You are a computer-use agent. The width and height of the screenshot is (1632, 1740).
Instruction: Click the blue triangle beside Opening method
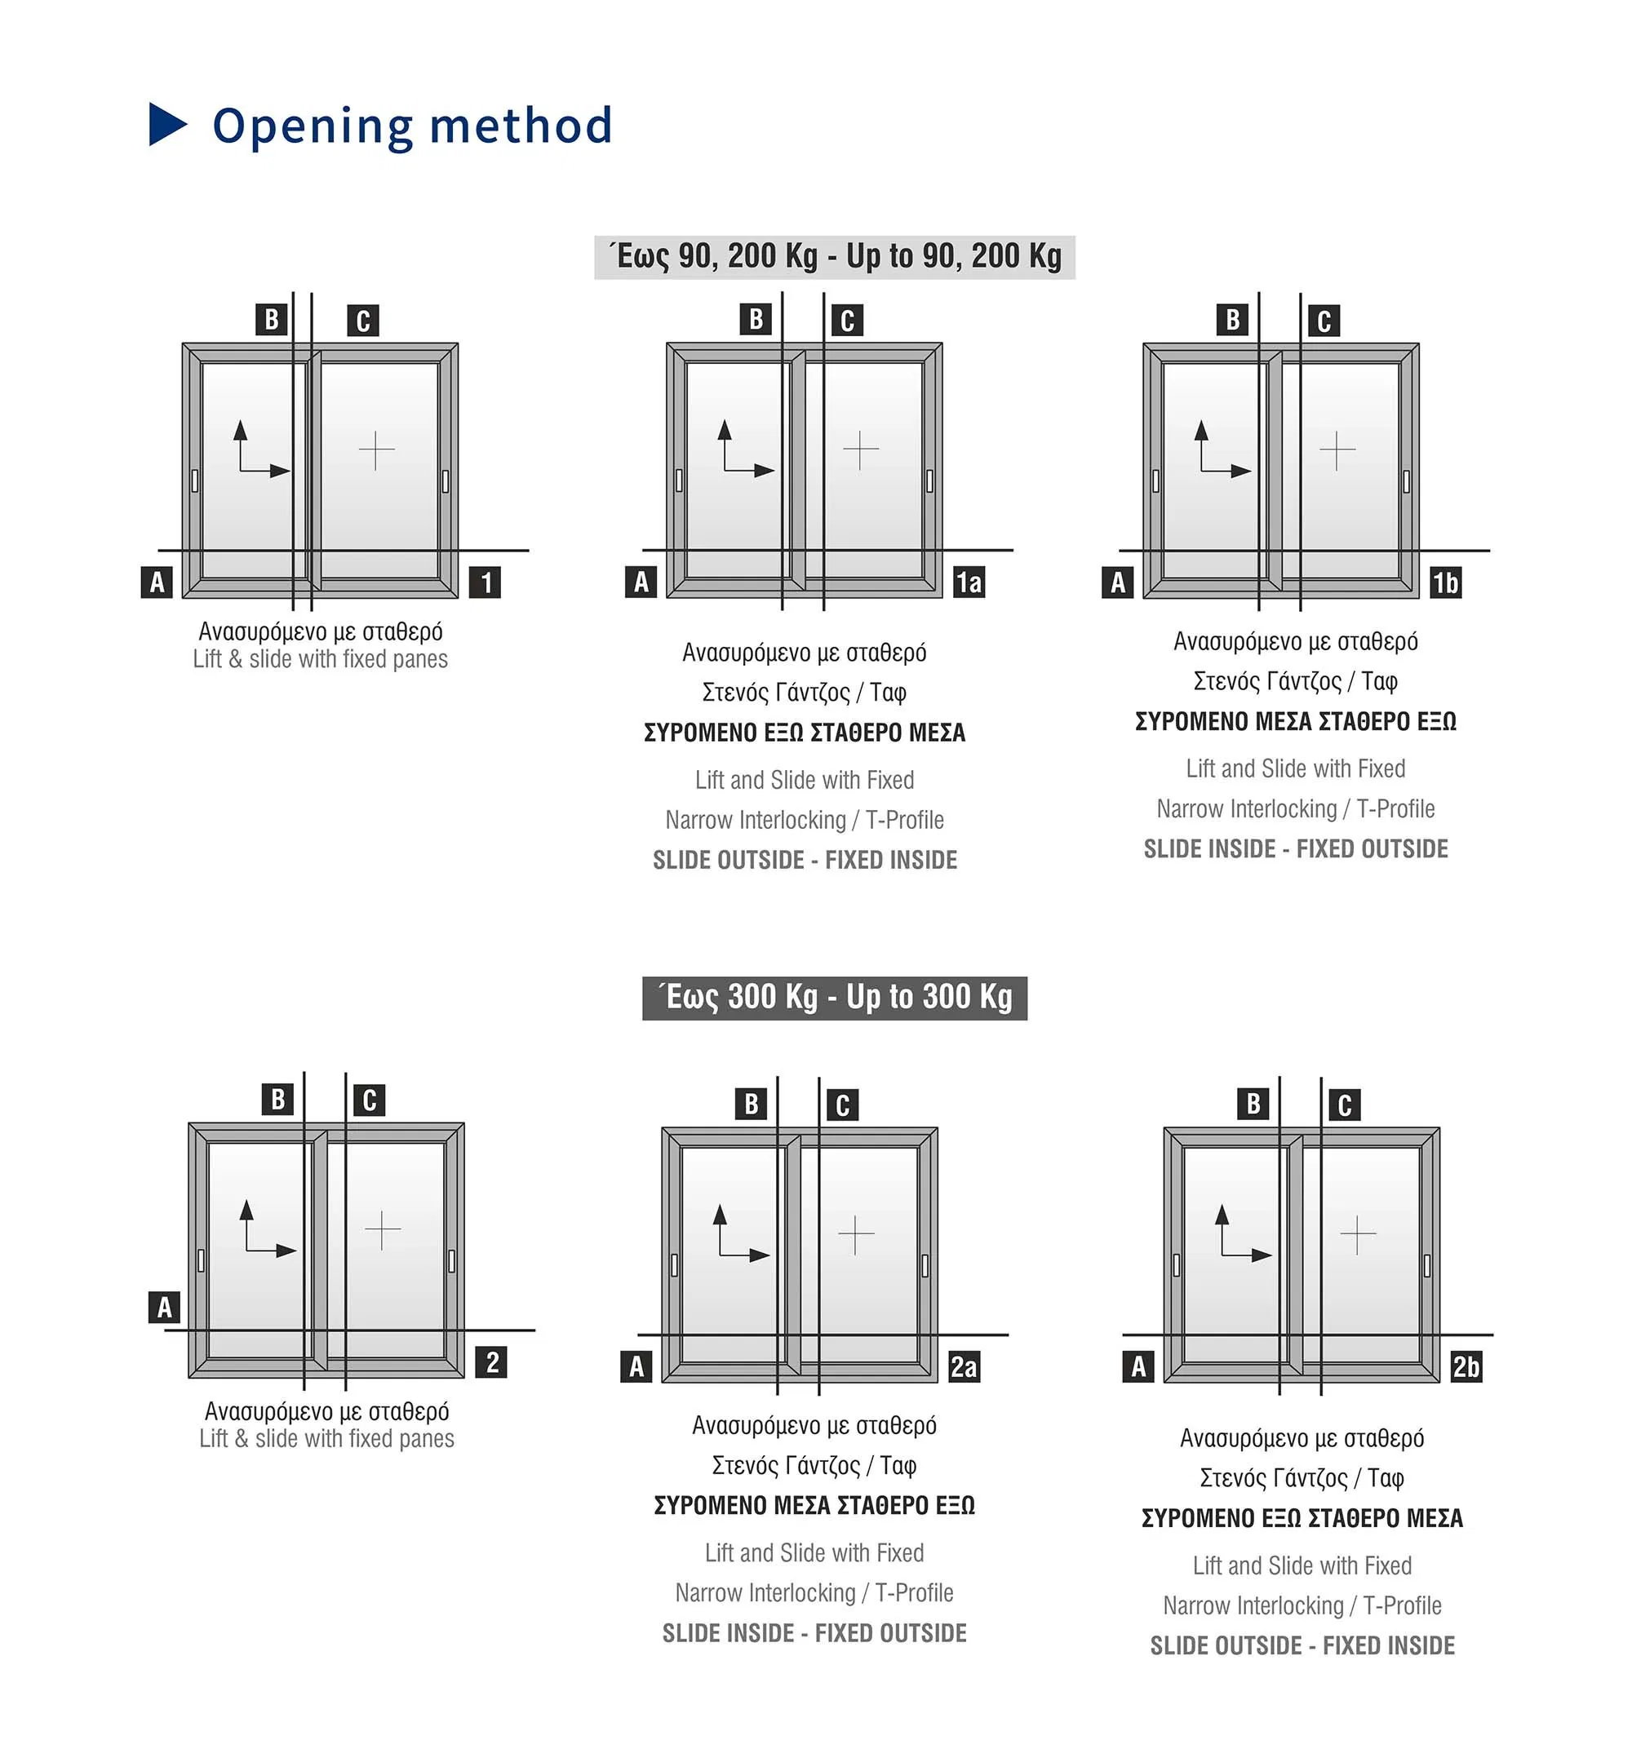pos(166,124)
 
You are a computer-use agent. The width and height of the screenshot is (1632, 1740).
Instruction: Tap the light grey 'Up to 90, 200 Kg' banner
pos(833,256)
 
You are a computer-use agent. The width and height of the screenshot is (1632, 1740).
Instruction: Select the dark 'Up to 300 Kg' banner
pos(833,998)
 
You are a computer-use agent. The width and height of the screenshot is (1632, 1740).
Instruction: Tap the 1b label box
pos(1444,582)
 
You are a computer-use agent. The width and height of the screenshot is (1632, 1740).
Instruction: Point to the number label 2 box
pos(492,1361)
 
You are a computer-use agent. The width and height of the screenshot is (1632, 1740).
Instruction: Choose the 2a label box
pos(963,1366)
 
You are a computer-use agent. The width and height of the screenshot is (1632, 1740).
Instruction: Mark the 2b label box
pos(1466,1366)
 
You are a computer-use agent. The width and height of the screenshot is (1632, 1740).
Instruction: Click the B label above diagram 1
pos(272,320)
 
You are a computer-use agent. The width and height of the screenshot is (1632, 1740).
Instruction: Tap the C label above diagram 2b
pos(1345,1105)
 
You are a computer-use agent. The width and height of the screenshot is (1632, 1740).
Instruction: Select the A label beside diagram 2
pos(164,1307)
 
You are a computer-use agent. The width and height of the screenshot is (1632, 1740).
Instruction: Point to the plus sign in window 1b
pos(1337,449)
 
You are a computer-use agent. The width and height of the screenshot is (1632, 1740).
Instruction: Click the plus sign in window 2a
pos(855,1234)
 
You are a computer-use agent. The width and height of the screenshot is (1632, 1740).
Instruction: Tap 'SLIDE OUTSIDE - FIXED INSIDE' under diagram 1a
pos(805,860)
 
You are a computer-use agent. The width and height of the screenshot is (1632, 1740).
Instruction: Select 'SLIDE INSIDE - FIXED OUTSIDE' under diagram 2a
pos(814,1632)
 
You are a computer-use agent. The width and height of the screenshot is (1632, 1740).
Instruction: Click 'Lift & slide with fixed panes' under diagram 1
pos(321,659)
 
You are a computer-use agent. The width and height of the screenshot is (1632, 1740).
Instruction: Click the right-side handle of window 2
pos(452,1260)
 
